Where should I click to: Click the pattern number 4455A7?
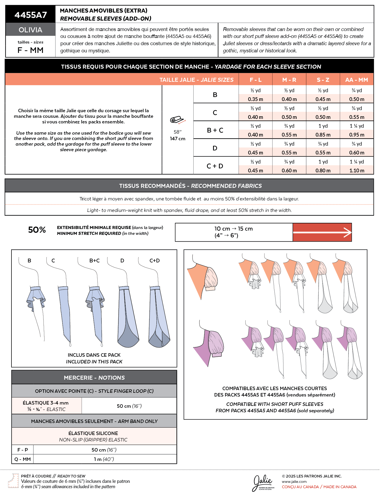point(31,15)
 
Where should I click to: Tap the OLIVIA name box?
point(30,30)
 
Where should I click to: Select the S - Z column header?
point(323,80)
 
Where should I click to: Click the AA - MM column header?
point(357,80)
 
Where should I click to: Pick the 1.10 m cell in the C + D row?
point(357,170)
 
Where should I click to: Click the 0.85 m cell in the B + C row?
point(323,135)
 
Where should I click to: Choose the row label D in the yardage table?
point(215,148)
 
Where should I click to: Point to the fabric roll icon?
point(177,120)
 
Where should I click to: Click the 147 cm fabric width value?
point(178,139)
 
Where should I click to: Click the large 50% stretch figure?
point(37,230)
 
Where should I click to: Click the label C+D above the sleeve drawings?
point(154,261)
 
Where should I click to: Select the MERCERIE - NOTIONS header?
point(94,378)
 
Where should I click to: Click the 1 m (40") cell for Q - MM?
point(104,459)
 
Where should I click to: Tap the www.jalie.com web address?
point(294,481)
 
